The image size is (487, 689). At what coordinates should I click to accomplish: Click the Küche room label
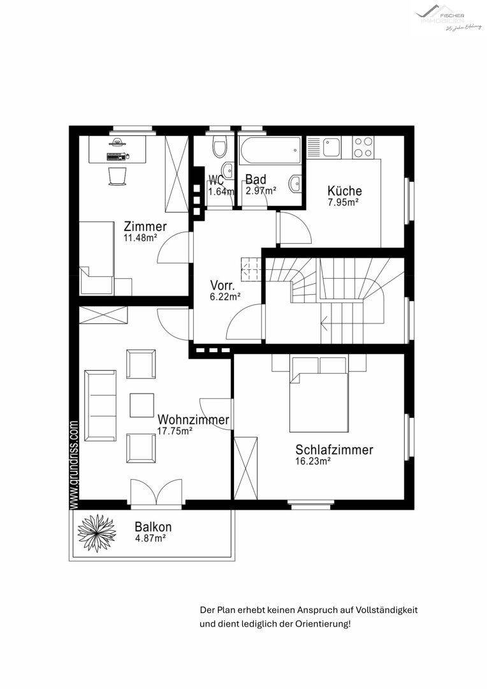[x=344, y=191]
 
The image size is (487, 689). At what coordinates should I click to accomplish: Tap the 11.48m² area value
[x=140, y=238]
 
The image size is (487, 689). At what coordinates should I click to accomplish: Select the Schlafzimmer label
[x=334, y=450]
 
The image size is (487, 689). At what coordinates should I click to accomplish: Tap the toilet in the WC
[x=219, y=149]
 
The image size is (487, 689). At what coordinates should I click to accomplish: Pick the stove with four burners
[x=363, y=147]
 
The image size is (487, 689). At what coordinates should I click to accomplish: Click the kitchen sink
[x=332, y=147]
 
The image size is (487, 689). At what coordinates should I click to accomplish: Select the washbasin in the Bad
[x=294, y=184]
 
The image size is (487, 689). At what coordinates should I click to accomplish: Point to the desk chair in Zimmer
[x=117, y=175]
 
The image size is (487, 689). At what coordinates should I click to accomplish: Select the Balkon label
[x=153, y=528]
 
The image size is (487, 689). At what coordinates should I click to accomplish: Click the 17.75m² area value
[x=175, y=431]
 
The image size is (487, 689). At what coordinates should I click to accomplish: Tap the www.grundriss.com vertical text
[x=74, y=464]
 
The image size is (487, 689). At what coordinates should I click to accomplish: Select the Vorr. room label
[x=224, y=285]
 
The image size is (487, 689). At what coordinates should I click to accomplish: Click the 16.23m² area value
[x=312, y=461]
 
